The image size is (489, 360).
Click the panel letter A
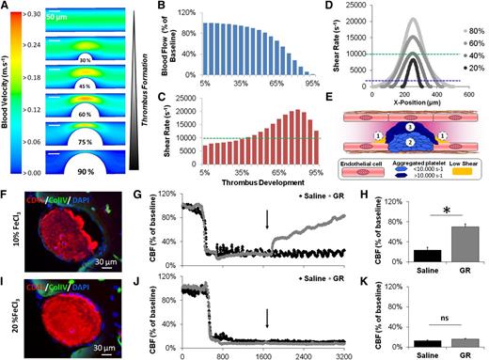pyautogui.click(x=7, y=8)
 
